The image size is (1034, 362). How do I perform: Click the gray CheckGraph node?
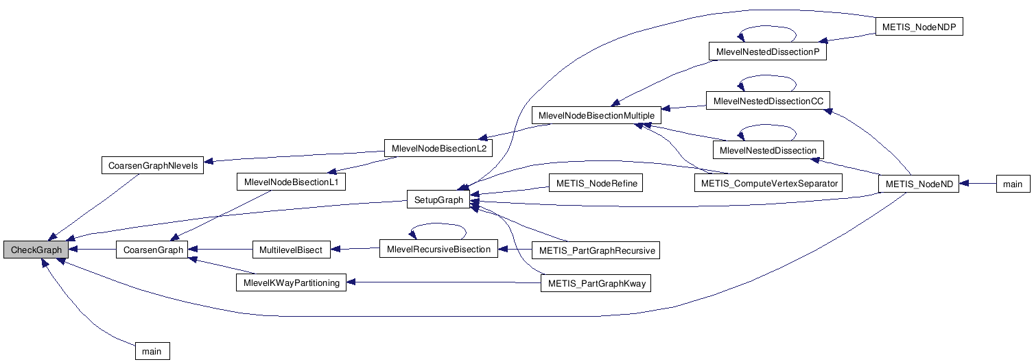[x=36, y=250]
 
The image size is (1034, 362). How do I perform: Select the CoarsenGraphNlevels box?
[x=152, y=165]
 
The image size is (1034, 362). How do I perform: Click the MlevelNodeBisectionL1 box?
[x=291, y=182]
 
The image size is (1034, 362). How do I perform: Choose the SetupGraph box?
[x=438, y=200]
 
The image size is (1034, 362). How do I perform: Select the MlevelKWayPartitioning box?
[x=291, y=283]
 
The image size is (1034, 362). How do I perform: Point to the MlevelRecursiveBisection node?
[x=439, y=250]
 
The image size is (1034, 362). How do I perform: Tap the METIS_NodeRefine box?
[x=595, y=183]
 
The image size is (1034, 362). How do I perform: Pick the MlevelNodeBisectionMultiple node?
[x=597, y=115]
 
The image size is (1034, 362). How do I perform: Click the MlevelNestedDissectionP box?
[x=766, y=52]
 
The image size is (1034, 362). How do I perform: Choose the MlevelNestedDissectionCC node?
[x=768, y=101]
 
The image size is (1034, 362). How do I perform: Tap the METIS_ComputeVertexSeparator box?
[x=769, y=183]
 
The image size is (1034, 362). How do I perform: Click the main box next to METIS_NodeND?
[x=1013, y=184]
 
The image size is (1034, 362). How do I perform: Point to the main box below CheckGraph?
[x=152, y=351]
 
